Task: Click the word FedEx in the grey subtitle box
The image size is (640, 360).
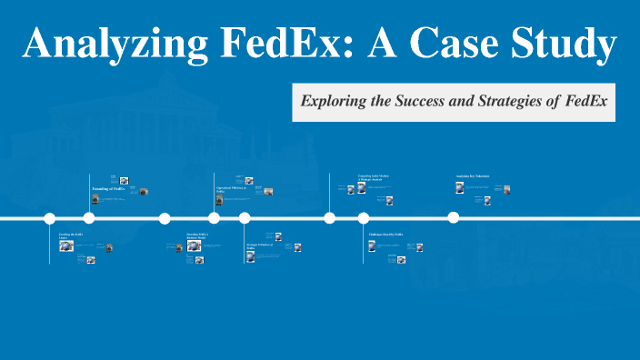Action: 585,102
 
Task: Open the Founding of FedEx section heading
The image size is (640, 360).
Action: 108,189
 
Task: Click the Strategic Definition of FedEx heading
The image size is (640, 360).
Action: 258,246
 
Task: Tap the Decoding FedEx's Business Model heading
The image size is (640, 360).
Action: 197,236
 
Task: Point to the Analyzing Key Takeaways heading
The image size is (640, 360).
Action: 473,175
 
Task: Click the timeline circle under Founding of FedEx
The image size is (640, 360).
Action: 89,218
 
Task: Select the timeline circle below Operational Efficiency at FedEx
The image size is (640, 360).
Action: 214,218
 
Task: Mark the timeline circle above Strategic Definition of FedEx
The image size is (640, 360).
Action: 245,218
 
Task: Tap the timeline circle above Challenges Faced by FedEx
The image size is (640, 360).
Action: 364,218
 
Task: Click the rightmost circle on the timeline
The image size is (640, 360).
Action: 454,218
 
